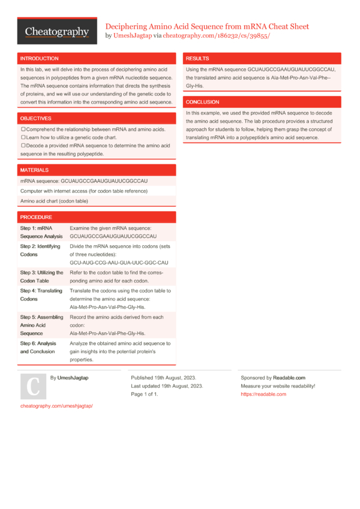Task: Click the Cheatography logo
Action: [57, 31]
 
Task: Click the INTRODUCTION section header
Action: [40, 59]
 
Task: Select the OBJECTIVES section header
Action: [36, 119]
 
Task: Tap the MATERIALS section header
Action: [35, 170]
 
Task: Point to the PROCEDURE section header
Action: [37, 217]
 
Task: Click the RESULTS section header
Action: [198, 59]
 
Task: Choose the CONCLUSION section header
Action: [203, 102]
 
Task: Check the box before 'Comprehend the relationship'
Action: [23, 129]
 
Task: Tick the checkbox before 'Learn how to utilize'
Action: [23, 137]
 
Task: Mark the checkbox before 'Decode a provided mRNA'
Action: [23, 146]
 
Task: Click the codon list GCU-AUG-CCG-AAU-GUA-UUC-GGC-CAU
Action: [119, 263]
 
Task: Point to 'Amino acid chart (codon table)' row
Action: [54, 201]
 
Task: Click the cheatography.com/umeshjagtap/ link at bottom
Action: [56, 406]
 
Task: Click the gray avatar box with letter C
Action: [34, 387]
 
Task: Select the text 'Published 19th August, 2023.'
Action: [163, 378]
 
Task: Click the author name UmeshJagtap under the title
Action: [133, 36]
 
